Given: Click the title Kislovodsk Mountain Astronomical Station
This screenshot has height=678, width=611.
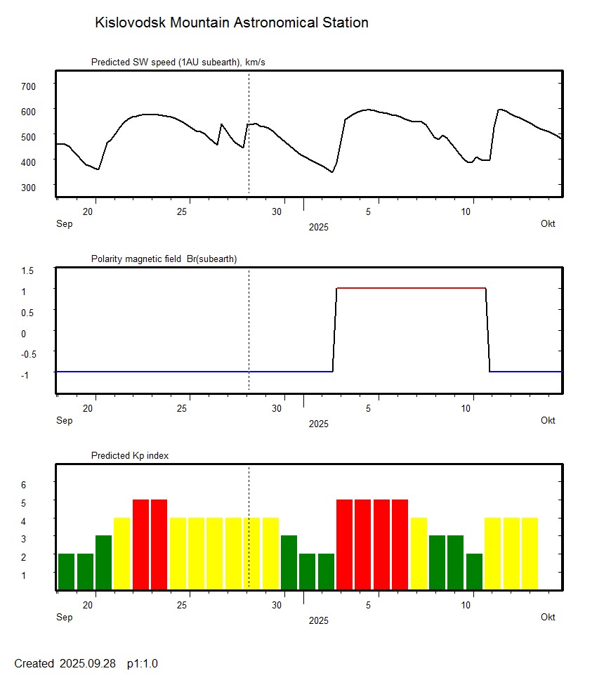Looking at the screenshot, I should [231, 22].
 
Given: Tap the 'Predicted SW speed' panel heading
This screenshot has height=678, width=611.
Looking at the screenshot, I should [178, 63].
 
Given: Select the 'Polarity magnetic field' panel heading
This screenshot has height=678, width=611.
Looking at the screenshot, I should [164, 259].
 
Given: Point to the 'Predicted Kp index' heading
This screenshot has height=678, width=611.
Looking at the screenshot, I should [130, 455].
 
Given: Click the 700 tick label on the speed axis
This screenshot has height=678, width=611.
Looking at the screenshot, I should [28, 86].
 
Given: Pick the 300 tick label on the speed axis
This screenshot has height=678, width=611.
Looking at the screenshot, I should [28, 187].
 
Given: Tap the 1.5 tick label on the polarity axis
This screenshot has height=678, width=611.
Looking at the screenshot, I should [28, 270].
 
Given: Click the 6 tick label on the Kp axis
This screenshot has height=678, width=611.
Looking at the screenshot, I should [23, 485].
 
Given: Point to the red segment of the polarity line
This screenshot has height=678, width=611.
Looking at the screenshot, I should [411, 288].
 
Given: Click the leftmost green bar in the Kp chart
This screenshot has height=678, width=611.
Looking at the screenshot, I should [66, 571].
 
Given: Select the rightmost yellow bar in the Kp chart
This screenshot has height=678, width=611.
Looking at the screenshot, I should [530, 554].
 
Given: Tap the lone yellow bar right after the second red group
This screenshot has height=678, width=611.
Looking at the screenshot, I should [419, 554].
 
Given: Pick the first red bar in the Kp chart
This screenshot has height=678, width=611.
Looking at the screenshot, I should [140, 545].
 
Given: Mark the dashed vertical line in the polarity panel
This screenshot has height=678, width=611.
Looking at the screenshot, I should [249, 330].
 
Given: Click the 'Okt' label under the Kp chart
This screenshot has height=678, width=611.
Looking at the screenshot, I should [548, 617].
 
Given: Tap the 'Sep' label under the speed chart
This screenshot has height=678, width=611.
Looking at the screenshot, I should [64, 223].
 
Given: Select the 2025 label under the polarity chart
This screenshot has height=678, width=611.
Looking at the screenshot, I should [318, 424].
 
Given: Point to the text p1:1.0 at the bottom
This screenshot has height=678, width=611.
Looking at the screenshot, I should [143, 663].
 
